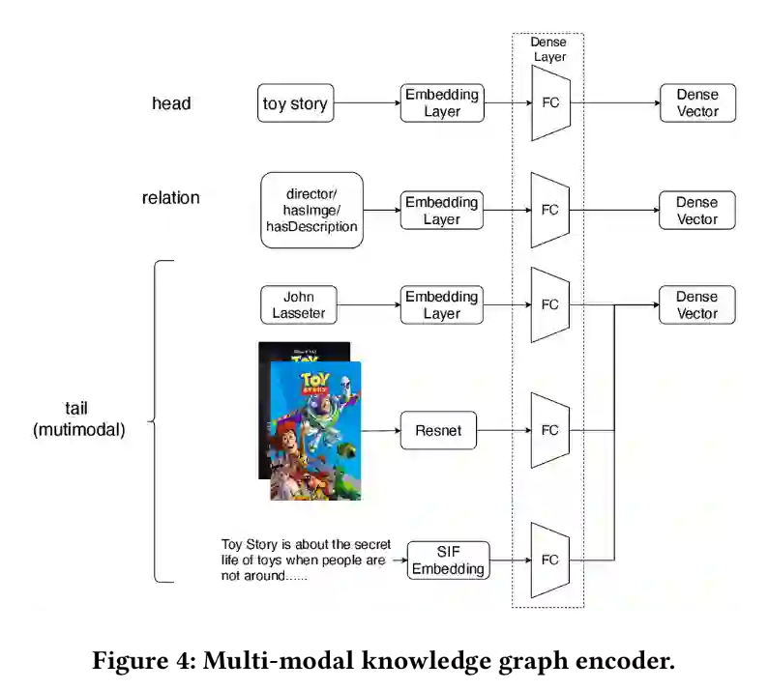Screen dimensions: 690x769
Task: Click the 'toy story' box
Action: [x=295, y=103]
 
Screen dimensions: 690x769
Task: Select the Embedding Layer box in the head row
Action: [x=442, y=103]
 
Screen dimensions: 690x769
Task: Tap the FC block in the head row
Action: [x=550, y=103]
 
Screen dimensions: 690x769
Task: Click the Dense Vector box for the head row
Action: [x=697, y=103]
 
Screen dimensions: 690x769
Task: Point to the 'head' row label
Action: [x=171, y=103]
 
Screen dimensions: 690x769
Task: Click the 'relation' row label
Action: [x=170, y=198]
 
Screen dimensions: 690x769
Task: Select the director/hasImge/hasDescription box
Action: [x=311, y=210]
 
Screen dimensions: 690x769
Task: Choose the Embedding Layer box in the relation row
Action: [x=442, y=211]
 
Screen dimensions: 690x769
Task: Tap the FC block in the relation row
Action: [x=550, y=210]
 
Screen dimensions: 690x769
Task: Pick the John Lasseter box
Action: [x=299, y=304]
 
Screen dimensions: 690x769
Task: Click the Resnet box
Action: [x=438, y=431]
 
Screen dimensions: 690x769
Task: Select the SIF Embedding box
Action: [x=448, y=561]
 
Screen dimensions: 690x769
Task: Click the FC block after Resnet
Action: [x=550, y=431]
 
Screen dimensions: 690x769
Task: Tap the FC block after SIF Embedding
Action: [x=550, y=561]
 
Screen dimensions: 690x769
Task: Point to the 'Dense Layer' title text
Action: [x=548, y=49]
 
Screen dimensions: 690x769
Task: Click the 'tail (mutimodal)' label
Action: [x=79, y=419]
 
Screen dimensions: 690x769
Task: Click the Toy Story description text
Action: [x=304, y=560]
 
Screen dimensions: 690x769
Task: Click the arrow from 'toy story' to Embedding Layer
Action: [x=367, y=103]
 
